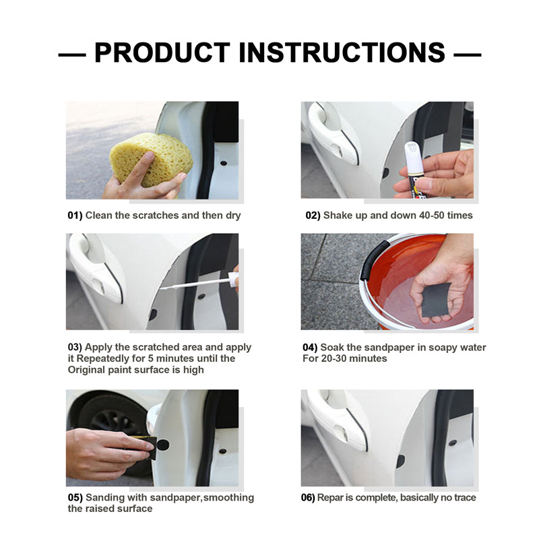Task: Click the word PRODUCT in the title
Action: [162, 53]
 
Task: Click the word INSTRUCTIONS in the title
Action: [342, 53]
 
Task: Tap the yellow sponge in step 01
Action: [151, 160]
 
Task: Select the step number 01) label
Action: [75, 216]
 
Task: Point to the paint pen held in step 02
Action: [414, 170]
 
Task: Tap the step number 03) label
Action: [75, 347]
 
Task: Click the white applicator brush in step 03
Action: [199, 282]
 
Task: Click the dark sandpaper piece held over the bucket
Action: [436, 299]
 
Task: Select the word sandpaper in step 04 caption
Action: [389, 348]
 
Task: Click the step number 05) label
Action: [75, 498]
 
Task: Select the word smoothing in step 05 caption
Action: [228, 498]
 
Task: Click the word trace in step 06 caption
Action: [465, 498]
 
